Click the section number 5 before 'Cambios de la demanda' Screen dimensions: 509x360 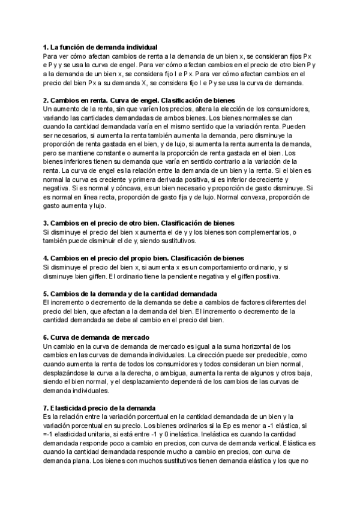(46, 294)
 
